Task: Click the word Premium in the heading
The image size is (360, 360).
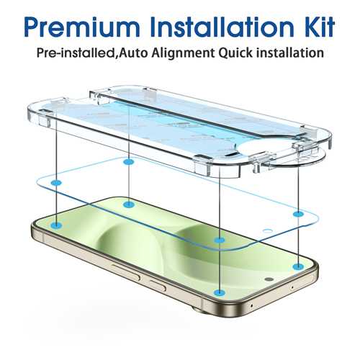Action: (x=82, y=27)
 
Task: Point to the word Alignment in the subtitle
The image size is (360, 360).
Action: (x=183, y=53)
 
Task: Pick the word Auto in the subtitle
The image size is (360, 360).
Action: (x=133, y=53)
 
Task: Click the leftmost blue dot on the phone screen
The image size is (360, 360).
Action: (x=57, y=225)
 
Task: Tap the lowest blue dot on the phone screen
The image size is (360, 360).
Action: (x=220, y=293)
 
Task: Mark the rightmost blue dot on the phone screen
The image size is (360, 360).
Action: (x=298, y=266)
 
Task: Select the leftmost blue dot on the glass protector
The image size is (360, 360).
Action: (x=56, y=183)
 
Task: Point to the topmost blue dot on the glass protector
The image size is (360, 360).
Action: (x=129, y=162)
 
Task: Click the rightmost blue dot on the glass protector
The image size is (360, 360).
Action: (x=298, y=214)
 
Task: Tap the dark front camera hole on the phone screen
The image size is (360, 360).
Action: (x=269, y=279)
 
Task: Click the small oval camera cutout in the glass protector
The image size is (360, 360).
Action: (x=268, y=231)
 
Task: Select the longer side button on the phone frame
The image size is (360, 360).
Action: (x=125, y=272)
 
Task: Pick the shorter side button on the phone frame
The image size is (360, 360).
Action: (x=158, y=286)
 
